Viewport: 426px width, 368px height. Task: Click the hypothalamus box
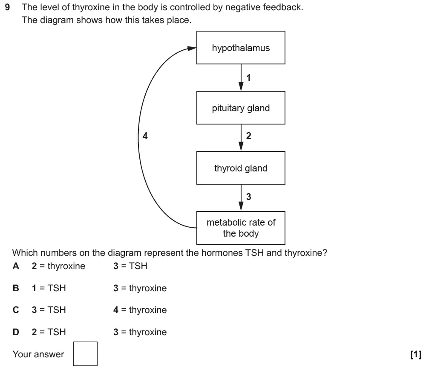pos(241,48)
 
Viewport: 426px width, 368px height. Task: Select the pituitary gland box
pos(241,108)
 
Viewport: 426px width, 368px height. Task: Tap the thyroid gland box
pos(241,168)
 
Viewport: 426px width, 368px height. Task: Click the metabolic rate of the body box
pos(241,228)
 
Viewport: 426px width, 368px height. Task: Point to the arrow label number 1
pos(249,78)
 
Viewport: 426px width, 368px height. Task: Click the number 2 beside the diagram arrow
pos(249,136)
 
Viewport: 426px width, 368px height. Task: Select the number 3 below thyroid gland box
pos(249,197)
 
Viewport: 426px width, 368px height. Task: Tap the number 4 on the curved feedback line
pos(145,136)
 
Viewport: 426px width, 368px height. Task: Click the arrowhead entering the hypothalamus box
pos(191,48)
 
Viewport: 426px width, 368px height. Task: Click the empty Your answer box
pos(86,354)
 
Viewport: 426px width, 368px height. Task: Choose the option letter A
pos(16,266)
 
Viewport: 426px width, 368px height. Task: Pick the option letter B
pos(16,288)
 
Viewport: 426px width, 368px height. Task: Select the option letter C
pos(16,310)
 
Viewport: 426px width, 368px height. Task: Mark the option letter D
pos(16,332)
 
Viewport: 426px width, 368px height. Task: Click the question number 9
pos(7,8)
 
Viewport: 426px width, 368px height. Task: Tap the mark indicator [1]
pos(415,354)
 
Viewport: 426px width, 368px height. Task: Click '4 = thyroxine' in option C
pos(140,310)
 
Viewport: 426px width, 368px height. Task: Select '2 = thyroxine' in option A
pos(58,266)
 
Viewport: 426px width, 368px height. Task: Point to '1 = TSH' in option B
pos(49,288)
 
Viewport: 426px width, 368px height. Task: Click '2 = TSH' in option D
pos(49,332)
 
